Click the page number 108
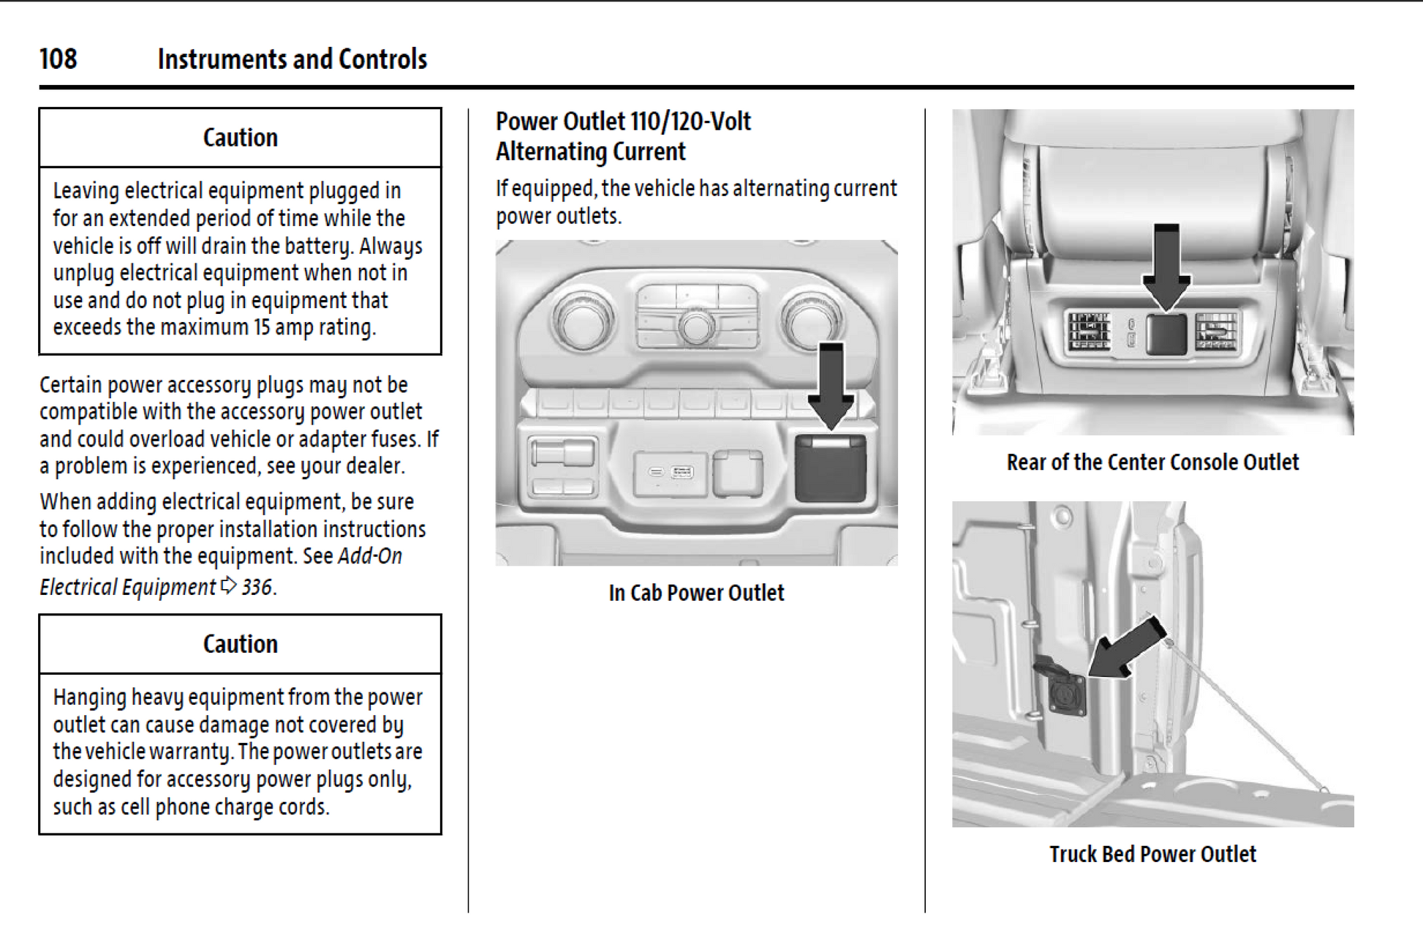58,59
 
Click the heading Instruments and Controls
292,59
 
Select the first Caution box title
240,138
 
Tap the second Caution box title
240,644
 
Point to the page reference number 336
257,587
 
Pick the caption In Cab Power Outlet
695,593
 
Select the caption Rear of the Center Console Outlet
1152,463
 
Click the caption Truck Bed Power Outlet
1152,854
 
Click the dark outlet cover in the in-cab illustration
830,468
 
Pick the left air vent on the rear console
1089,332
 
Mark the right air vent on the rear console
1216,332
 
